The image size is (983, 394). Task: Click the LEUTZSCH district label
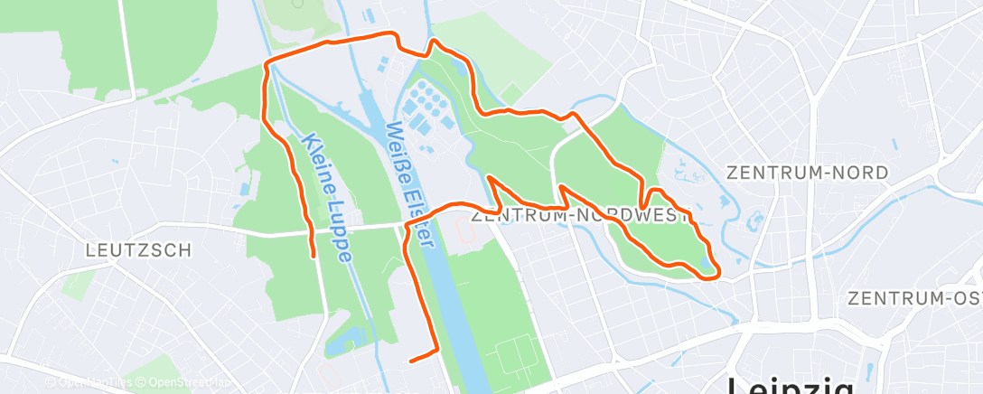click(x=138, y=250)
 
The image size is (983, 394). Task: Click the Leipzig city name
click(x=791, y=384)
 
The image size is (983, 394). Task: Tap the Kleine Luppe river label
click(x=325, y=199)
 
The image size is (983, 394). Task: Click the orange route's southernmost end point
click(x=411, y=361)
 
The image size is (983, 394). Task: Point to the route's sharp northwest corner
click(x=266, y=64)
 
